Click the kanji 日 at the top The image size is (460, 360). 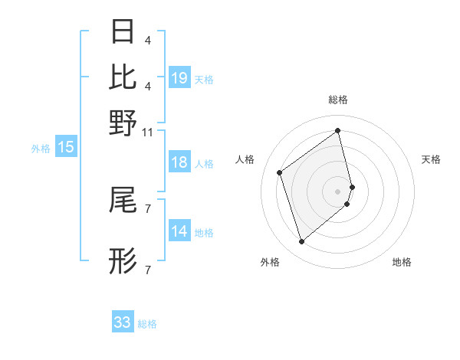click(123, 32)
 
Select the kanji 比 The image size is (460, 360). click(123, 77)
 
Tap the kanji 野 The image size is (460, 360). click(123, 122)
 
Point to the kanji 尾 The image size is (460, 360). click(123, 201)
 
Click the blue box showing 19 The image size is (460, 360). click(179, 77)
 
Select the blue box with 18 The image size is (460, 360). click(179, 162)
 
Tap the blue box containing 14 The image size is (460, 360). click(179, 231)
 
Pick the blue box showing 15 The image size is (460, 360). click(66, 148)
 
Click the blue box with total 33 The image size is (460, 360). click(123, 322)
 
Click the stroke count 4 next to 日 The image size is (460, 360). click(147, 40)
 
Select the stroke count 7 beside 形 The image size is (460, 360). click(147, 270)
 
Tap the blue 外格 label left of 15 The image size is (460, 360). click(41, 149)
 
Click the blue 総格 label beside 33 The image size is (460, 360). click(147, 324)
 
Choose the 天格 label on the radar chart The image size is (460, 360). click(431, 159)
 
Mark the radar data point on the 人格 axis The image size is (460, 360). click(280, 173)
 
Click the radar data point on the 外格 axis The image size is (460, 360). click(302, 242)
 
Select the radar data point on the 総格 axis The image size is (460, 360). click(338, 130)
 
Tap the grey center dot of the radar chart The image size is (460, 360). click(338, 190)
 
